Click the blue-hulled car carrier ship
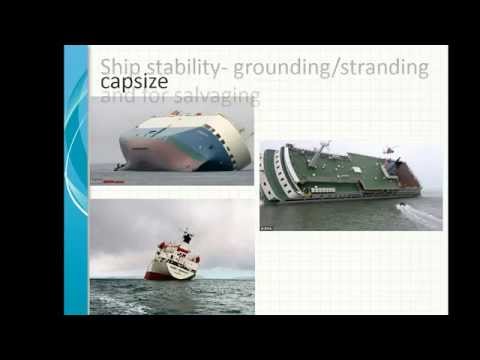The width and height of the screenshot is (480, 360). pos(185,145)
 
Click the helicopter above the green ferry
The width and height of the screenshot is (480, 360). pos(387,151)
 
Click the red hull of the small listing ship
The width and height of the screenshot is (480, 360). pos(160,272)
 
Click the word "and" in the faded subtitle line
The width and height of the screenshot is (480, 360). pos(117,97)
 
